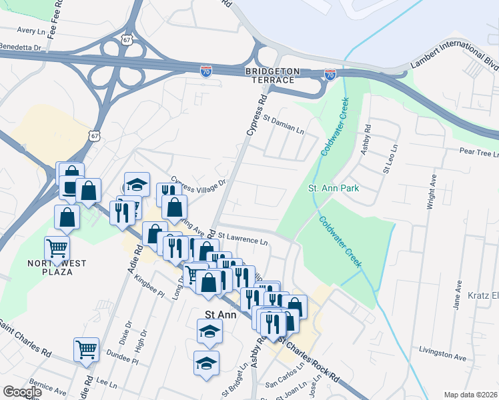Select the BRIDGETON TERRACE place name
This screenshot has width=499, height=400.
pyautogui.click(x=270, y=75)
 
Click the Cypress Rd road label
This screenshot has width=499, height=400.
pyautogui.click(x=256, y=115)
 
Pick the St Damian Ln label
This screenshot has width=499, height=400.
pyautogui.click(x=283, y=125)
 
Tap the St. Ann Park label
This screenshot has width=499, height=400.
pyautogui.click(x=334, y=188)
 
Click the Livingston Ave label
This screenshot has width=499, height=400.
pyautogui.click(x=441, y=350)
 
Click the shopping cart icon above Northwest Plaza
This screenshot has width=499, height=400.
pyautogui.click(x=57, y=248)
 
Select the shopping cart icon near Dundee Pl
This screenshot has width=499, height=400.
pyautogui.click(x=87, y=349)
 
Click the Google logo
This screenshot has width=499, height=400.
pyautogui.click(x=22, y=392)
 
